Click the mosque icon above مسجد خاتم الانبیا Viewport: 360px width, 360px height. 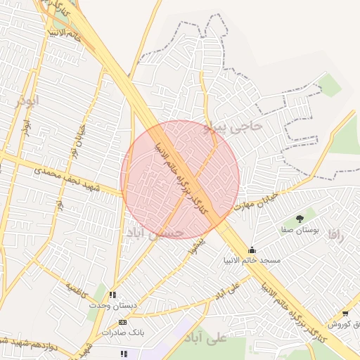252,250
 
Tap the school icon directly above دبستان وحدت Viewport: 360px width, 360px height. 112,295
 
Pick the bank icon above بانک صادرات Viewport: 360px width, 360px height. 122,321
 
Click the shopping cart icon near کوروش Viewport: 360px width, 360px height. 345,314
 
